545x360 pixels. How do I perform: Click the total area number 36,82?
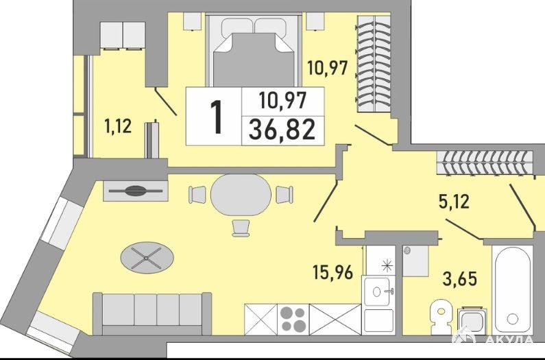click(x=282, y=129)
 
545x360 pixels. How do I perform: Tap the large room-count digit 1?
click(x=216, y=117)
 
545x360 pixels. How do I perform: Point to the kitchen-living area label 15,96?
click(x=332, y=272)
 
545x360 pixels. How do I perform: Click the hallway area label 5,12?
click(x=454, y=202)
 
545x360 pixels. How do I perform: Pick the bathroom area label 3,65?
click(x=459, y=278)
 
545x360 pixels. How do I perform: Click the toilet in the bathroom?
click(x=441, y=317)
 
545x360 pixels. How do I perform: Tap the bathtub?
click(x=513, y=290)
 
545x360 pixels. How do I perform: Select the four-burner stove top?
click(x=293, y=320)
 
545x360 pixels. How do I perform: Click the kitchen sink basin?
click(x=378, y=291)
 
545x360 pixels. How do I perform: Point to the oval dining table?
click(x=241, y=195)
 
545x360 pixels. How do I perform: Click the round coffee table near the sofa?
click(x=147, y=258)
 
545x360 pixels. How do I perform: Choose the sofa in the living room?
click(x=152, y=314)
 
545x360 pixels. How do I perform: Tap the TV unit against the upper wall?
click(x=136, y=191)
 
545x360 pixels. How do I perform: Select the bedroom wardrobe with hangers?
click(x=374, y=64)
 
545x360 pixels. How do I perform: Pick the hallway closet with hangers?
click(x=485, y=162)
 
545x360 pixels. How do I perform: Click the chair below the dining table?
click(x=241, y=228)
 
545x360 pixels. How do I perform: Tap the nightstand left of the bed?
click(x=193, y=21)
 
